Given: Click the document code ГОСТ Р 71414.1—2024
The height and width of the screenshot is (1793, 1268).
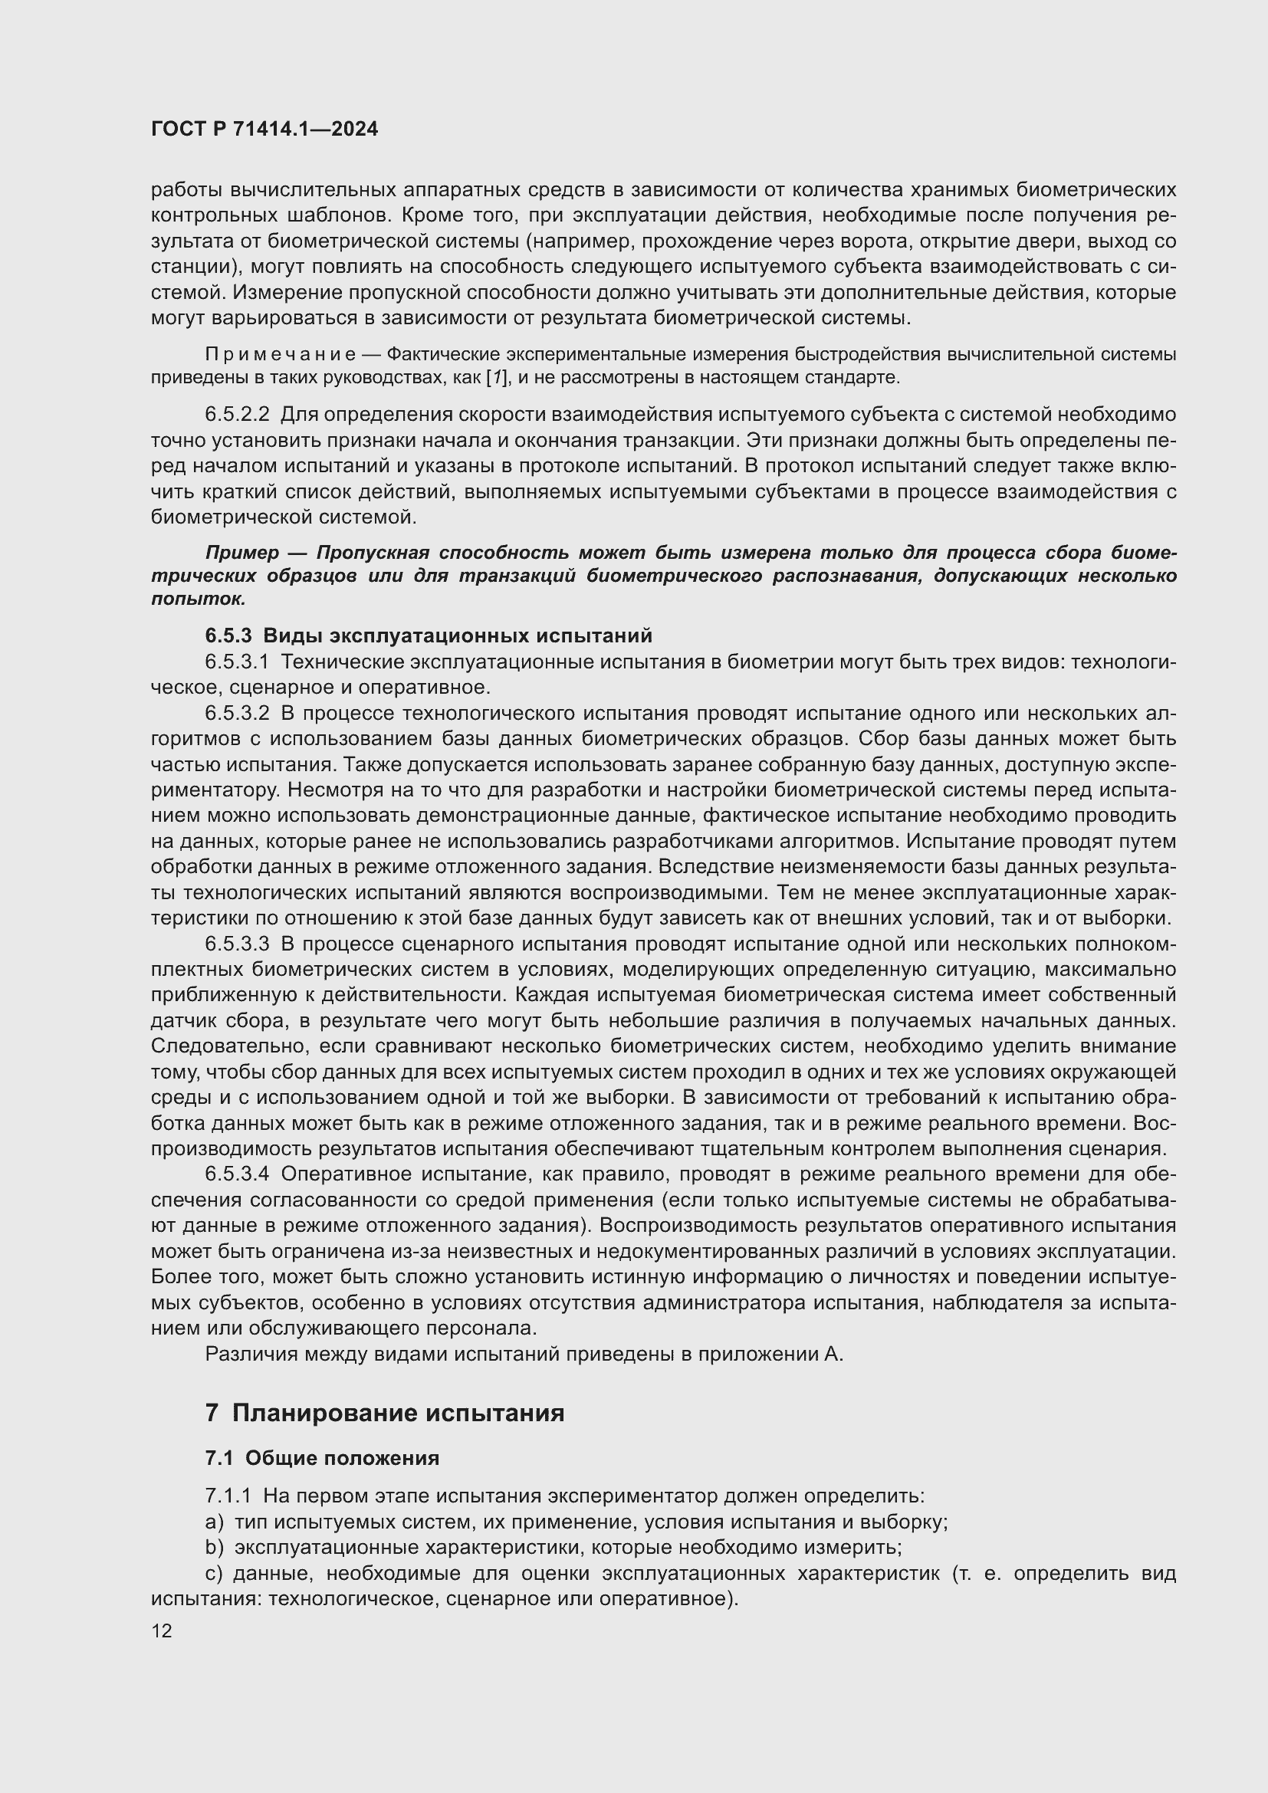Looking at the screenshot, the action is coord(264,129).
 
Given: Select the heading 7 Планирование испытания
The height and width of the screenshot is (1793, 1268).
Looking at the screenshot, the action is coord(384,1414).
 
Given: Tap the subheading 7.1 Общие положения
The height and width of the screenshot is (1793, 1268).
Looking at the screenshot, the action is coord(322,1458).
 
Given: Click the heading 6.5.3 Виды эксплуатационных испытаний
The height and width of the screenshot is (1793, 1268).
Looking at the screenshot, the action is coord(428,635).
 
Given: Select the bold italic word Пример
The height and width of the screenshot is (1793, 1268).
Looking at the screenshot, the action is coord(242,553).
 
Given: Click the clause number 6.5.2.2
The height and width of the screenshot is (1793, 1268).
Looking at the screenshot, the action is coord(238,415).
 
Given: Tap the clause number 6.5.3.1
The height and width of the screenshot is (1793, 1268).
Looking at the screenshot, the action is coord(238,662).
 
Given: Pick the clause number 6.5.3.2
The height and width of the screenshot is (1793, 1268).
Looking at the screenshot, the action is coord(238,713).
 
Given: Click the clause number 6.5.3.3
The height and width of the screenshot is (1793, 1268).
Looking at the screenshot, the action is coord(238,944).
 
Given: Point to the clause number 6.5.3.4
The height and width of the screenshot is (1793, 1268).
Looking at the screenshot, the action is coord(238,1174).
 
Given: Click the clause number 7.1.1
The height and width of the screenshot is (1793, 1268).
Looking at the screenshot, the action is coord(228,1496).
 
